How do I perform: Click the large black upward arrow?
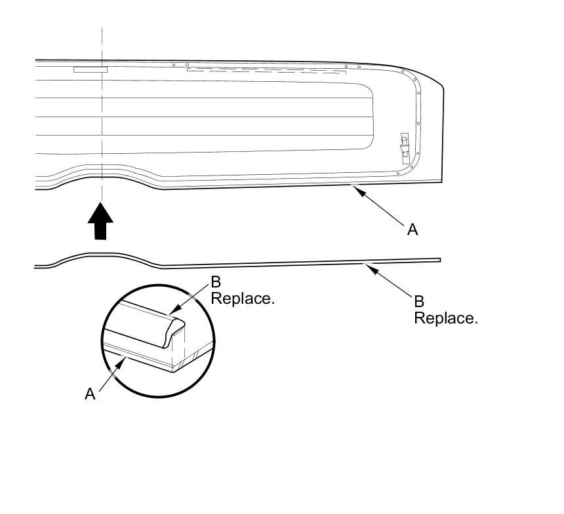tap(100, 222)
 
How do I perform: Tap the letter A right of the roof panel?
tap(413, 229)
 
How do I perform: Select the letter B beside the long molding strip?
tap(419, 301)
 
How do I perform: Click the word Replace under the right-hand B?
tap(445, 318)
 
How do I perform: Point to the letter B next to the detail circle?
tap(216, 282)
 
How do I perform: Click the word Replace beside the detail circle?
tap(242, 299)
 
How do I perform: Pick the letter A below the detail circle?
tap(90, 394)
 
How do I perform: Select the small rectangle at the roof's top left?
tap(91, 69)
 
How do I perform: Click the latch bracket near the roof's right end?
tap(404, 148)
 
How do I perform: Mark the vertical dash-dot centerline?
tap(102, 131)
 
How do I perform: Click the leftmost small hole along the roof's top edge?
tap(173, 65)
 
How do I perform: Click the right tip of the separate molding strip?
tap(439, 259)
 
